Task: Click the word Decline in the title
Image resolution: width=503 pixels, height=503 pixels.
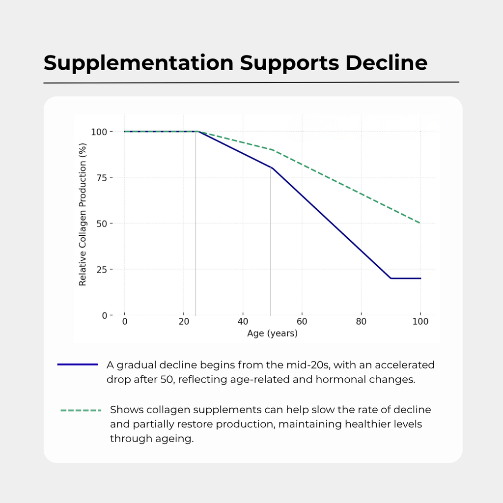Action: coord(387,63)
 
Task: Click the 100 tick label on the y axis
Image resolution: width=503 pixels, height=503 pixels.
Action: coord(98,132)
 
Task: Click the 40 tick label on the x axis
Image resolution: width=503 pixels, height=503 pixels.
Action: coord(243,322)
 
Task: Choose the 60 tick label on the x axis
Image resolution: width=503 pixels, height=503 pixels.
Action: coord(302,322)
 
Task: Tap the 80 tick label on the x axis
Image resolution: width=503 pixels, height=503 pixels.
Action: coord(361,322)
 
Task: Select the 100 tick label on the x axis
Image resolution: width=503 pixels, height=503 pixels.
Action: coord(420,322)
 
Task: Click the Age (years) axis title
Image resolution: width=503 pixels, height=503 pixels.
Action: coord(272,334)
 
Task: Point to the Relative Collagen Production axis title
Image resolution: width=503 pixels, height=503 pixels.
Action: coord(83,215)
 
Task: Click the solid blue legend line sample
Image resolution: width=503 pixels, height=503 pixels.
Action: coord(78,364)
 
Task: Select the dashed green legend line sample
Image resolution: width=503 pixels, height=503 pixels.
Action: coord(81,410)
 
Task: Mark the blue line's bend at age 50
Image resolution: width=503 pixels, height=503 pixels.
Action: coord(272,168)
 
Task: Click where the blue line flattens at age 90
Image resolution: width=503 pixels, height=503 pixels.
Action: coord(391,279)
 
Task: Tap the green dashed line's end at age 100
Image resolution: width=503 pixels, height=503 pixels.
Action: coord(420,224)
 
